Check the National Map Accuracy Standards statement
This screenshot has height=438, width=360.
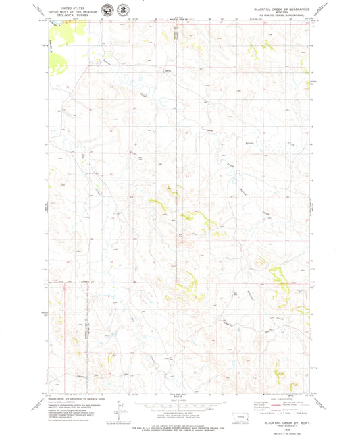(x=180, y=422)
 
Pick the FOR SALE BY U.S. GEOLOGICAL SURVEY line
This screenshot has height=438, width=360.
(x=180, y=426)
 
